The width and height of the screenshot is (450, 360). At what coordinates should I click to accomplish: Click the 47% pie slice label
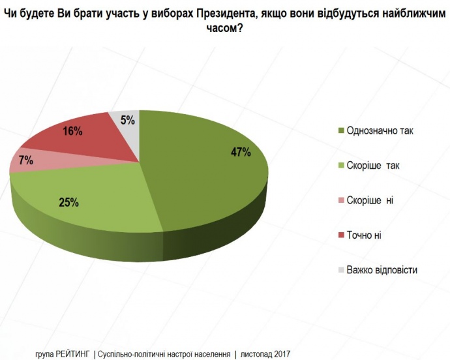(x=240, y=153)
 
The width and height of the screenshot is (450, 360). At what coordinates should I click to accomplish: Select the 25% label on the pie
(x=69, y=202)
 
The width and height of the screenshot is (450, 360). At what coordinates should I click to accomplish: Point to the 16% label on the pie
(x=72, y=131)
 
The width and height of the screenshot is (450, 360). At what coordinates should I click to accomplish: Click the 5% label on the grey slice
(x=128, y=120)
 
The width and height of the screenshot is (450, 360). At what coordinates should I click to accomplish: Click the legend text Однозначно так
(x=381, y=130)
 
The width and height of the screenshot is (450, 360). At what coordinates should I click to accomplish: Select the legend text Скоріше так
(x=374, y=166)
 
